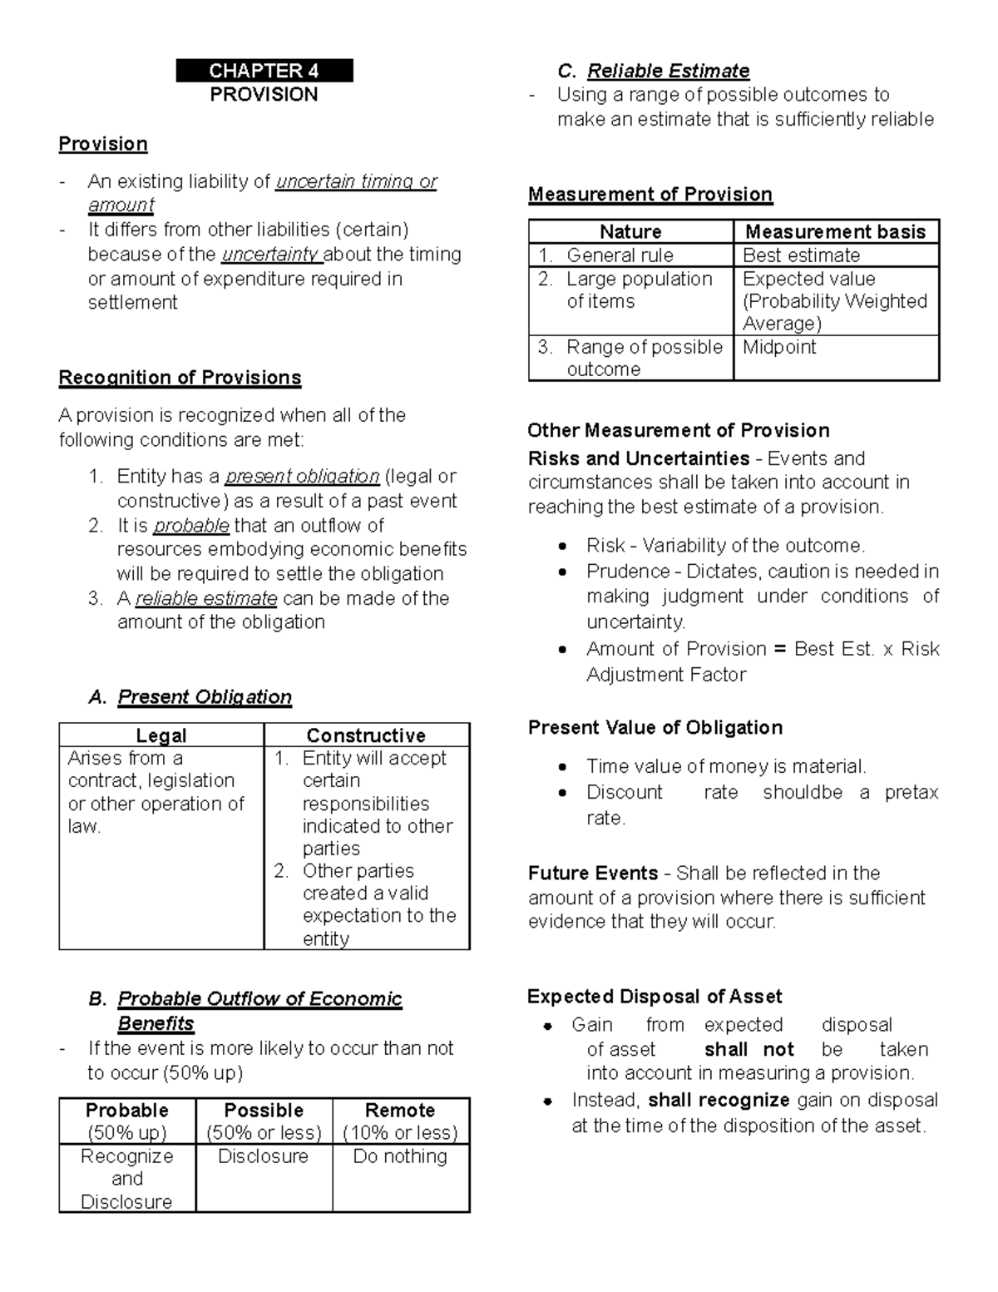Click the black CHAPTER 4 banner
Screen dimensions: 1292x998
point(264,71)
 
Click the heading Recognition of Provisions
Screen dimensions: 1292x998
point(180,378)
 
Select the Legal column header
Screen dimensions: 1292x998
point(161,735)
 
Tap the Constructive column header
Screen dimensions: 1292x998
point(366,735)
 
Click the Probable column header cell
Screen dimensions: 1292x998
point(127,1121)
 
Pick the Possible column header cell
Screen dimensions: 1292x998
point(264,1121)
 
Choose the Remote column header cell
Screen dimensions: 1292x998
point(401,1121)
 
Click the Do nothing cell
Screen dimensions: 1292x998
point(400,1156)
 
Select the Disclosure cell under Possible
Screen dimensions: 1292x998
point(263,1156)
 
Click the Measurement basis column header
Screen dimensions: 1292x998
point(835,232)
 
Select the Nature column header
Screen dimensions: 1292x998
point(630,232)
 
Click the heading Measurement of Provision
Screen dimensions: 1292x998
point(650,195)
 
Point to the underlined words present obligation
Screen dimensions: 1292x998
point(302,477)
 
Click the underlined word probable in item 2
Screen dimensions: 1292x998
point(191,526)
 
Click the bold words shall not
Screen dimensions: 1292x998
point(748,1050)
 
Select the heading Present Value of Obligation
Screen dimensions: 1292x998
point(655,728)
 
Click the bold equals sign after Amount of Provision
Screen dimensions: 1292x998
point(779,649)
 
